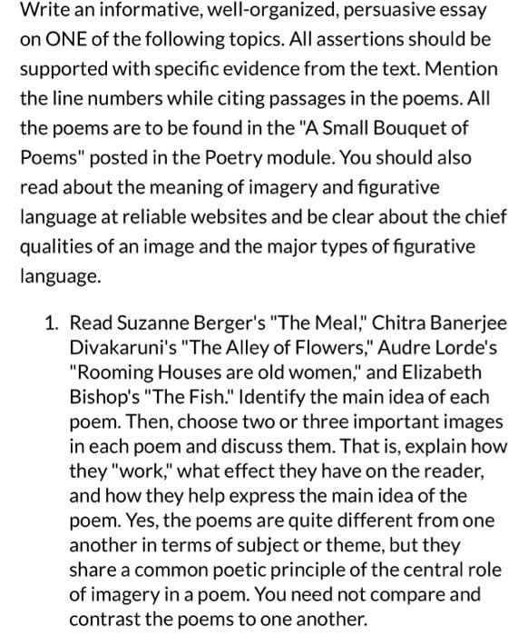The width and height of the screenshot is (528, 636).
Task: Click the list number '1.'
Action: [x=53, y=323]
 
